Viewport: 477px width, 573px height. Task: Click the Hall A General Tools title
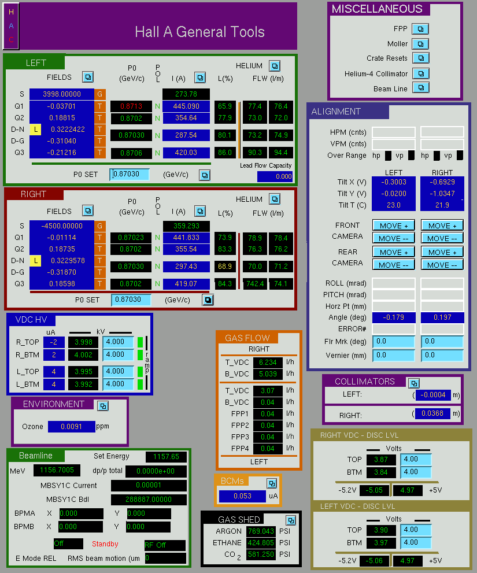[199, 32]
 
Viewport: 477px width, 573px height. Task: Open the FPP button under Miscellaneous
[420, 29]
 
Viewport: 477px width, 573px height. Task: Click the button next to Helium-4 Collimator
[421, 73]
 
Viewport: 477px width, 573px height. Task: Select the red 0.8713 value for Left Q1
[131, 106]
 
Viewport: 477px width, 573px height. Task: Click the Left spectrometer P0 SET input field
[130, 174]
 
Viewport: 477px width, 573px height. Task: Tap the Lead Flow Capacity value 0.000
[275, 176]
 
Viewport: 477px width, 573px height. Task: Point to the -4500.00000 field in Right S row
[62, 226]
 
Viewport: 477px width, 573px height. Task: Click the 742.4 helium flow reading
[255, 283]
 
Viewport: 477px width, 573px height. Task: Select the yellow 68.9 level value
[225, 267]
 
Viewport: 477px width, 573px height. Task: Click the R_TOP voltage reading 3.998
[83, 342]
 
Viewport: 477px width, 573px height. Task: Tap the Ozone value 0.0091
[71, 427]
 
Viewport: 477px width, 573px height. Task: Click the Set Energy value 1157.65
[167, 456]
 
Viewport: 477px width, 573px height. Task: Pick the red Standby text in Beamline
[105, 544]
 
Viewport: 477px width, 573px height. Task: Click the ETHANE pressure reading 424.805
[261, 543]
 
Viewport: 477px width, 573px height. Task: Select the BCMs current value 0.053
[242, 496]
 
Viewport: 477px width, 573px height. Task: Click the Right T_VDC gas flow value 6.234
[268, 362]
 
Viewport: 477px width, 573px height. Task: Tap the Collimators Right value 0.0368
[432, 413]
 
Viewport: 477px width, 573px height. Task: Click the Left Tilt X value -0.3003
[394, 182]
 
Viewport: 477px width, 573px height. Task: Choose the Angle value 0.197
[442, 317]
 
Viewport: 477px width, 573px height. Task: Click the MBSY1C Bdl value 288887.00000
[149, 499]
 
